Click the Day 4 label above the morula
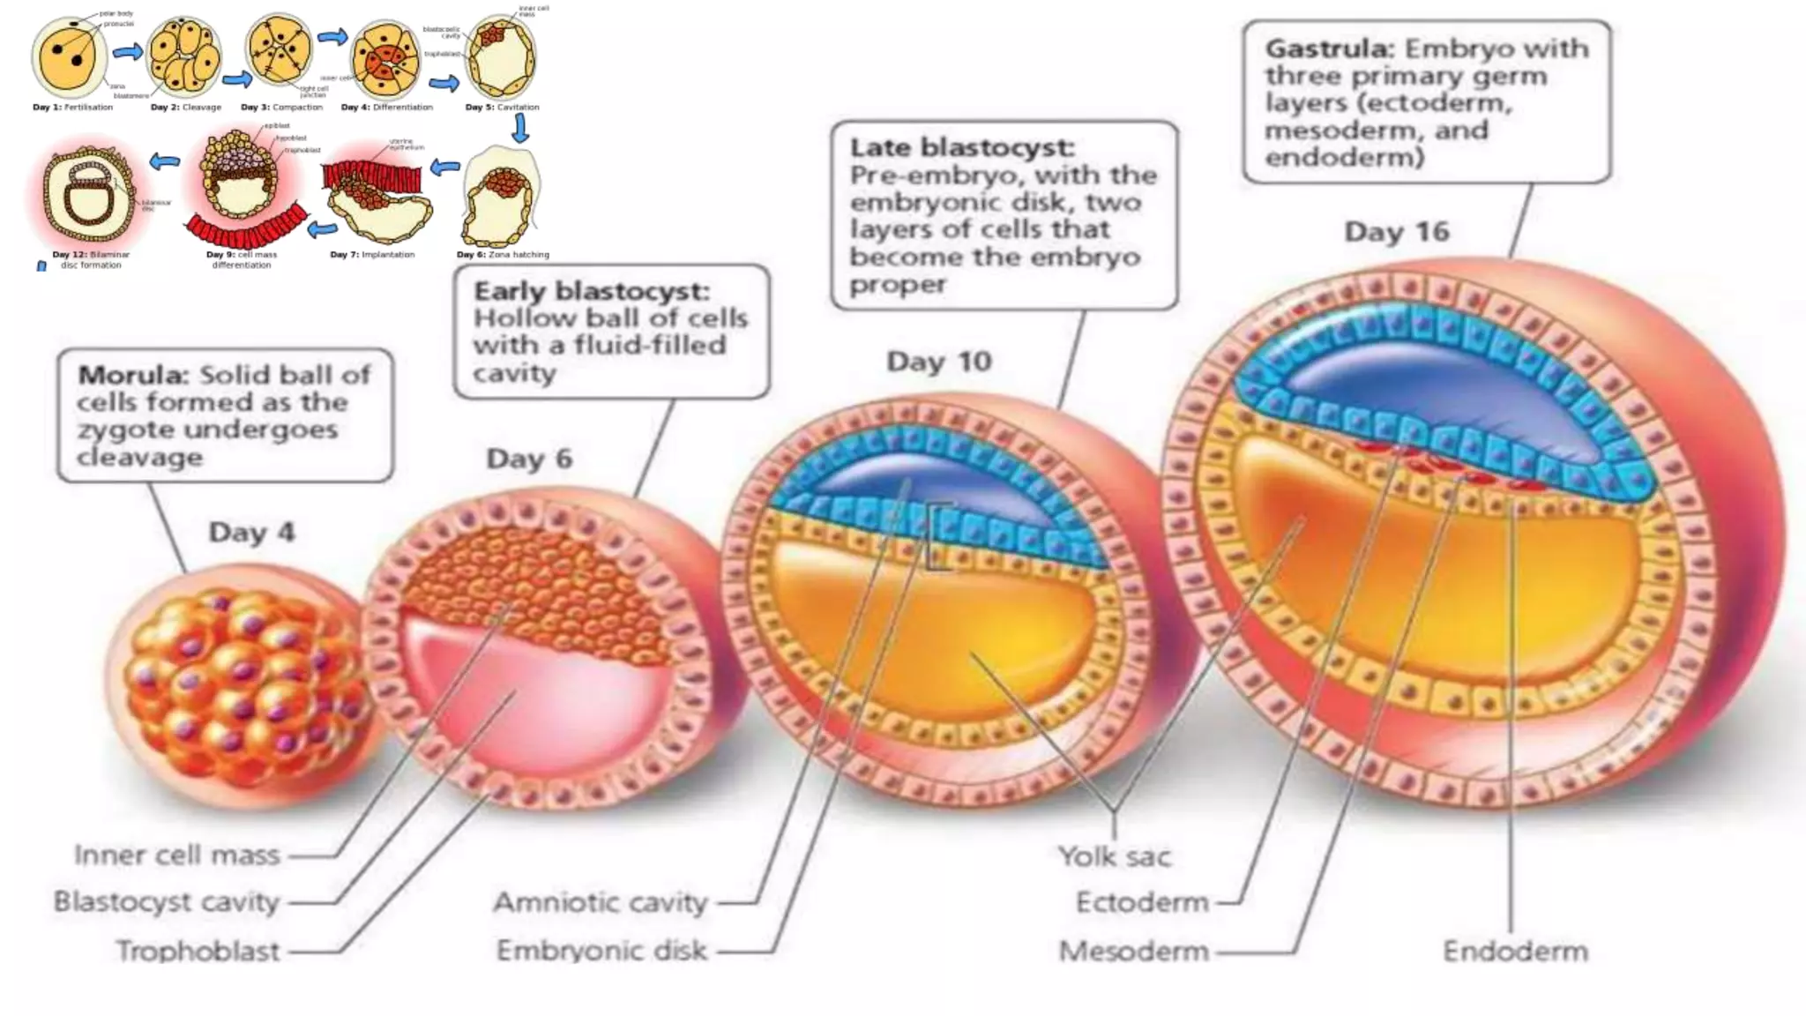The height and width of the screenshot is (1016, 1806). (251, 533)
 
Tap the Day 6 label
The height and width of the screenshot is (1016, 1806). (529, 459)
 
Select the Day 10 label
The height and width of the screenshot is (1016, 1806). (939, 362)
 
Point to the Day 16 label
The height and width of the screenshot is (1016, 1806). (1396, 232)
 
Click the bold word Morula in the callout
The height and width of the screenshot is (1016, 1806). (133, 375)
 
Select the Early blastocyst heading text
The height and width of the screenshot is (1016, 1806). (591, 291)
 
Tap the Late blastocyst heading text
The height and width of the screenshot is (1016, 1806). (961, 147)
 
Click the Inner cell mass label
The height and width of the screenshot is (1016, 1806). (176, 855)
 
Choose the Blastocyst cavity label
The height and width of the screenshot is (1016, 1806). (166, 901)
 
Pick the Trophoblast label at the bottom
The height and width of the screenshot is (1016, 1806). (198, 951)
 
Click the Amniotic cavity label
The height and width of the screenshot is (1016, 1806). (601, 902)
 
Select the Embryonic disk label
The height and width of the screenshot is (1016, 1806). (601, 950)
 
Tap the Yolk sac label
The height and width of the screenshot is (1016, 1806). (1115, 856)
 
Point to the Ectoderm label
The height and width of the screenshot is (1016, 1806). (1142, 902)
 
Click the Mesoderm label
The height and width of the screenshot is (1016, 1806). (1133, 951)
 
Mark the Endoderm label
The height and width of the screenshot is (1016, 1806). (1515, 951)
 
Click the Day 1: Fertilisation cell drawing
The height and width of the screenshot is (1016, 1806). (69, 57)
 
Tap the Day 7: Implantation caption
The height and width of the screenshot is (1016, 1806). (372, 255)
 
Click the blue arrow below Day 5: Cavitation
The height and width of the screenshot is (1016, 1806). (520, 129)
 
